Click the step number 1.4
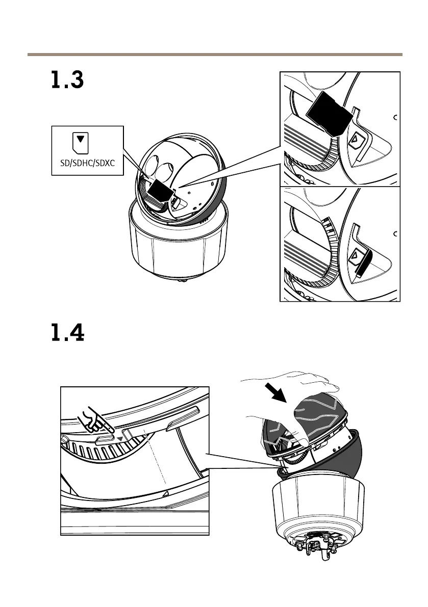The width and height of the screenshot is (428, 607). [x=67, y=335]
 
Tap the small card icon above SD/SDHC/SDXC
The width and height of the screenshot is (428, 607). [x=80, y=143]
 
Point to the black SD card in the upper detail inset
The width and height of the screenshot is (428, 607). [x=330, y=113]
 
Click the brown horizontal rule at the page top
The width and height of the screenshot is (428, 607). [x=214, y=54]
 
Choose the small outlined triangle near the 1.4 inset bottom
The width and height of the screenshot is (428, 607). [x=164, y=494]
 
